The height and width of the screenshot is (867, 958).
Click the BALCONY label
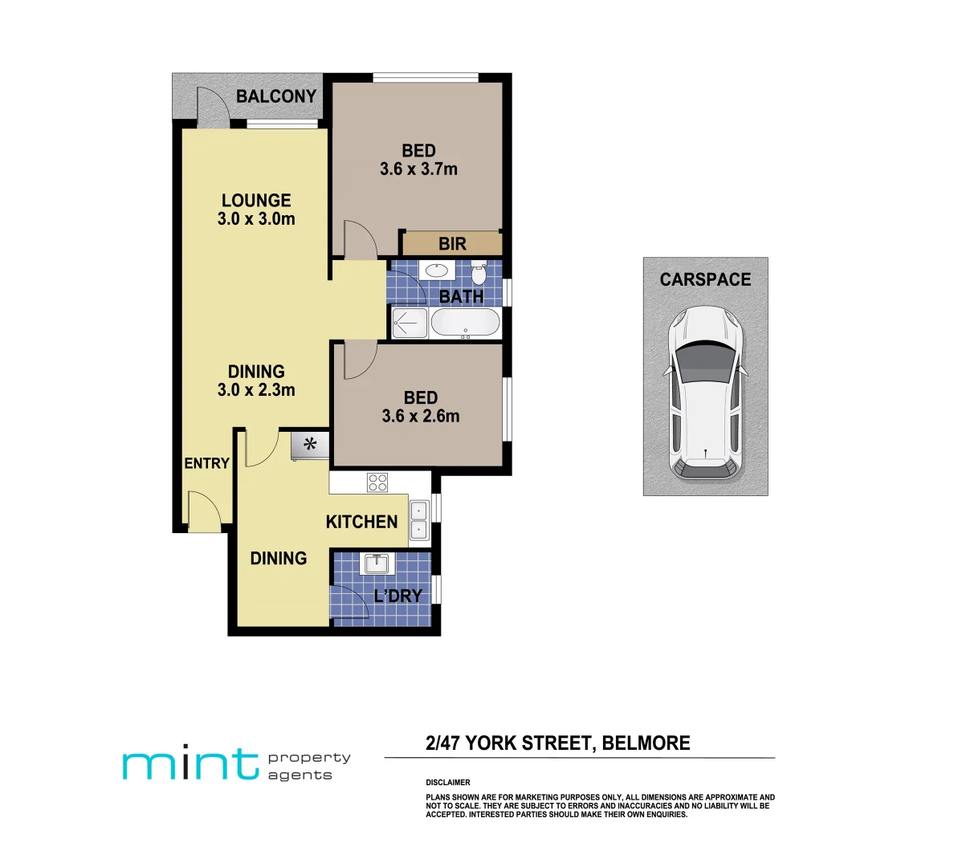click(275, 96)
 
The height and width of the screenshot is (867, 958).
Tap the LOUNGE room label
click(256, 201)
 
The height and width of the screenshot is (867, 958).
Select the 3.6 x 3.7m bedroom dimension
click(418, 169)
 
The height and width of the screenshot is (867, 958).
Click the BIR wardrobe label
click(452, 244)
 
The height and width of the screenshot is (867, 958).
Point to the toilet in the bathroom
click(479, 274)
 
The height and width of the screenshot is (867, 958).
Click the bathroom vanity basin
click(438, 271)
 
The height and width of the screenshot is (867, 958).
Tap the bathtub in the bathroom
click(465, 324)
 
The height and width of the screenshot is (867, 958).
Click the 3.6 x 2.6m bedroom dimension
click(421, 417)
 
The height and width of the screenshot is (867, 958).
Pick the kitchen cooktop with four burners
click(377, 482)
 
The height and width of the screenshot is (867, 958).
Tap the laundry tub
click(376, 564)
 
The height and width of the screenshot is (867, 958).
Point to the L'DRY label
click(397, 596)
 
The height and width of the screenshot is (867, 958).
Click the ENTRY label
click(206, 463)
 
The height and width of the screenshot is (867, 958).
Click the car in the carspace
click(705, 393)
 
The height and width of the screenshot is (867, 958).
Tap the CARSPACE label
click(705, 280)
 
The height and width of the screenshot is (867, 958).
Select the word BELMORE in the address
click(646, 743)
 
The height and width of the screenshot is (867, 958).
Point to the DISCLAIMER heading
click(448, 782)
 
